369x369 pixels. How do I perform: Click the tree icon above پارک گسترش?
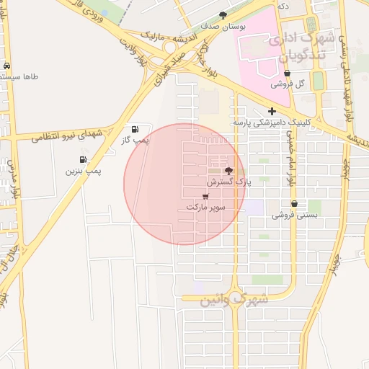pos(229,171)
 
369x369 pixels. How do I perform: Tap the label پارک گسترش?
pos(230,184)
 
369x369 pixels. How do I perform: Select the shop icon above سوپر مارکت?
pos(206,196)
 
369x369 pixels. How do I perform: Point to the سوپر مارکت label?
pos(206,208)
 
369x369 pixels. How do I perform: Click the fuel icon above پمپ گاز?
pos(135,129)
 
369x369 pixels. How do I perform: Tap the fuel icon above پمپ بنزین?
pos(83,160)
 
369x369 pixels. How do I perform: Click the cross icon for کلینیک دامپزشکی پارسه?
pos(272,111)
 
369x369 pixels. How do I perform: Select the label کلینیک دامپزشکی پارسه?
pos(271,123)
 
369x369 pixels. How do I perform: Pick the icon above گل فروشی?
pos(288,74)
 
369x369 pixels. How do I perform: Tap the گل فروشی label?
pos(288,84)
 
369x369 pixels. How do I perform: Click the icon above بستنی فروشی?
pos(294,204)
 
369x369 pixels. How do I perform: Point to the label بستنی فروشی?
pos(293,215)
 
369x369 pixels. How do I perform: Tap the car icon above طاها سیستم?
pos(7,66)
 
